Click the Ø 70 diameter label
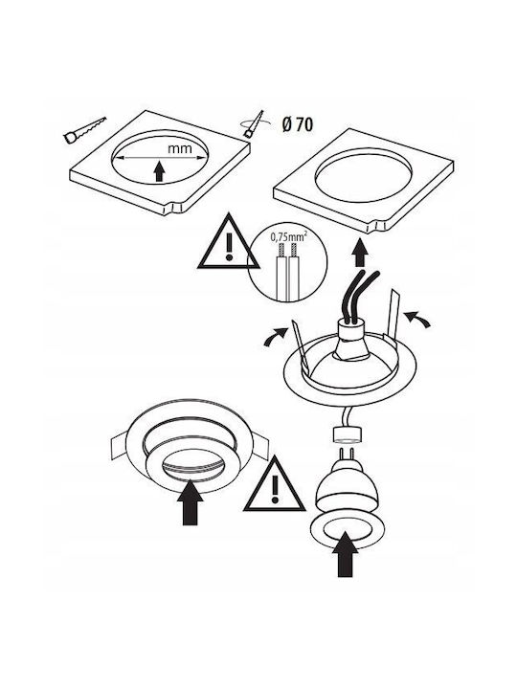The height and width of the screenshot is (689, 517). [297, 125]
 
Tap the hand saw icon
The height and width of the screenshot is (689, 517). [85, 130]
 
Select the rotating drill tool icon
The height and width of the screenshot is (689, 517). [253, 124]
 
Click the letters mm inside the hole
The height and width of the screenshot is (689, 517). [180, 148]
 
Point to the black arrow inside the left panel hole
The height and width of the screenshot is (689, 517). [160, 171]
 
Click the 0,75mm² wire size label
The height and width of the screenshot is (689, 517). [287, 237]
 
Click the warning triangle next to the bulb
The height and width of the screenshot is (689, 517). [275, 484]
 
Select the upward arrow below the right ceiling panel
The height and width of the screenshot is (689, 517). [360, 253]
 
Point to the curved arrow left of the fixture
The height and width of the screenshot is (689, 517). [275, 337]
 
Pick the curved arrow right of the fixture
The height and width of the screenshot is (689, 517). [416, 319]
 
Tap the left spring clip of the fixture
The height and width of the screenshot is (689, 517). [299, 344]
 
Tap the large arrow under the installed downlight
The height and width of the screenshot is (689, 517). [191, 502]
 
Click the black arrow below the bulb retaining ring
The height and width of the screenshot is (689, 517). [345, 554]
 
